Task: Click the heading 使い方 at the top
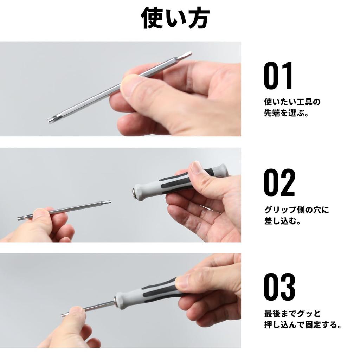click(x=175, y=18)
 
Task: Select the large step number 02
click(x=279, y=183)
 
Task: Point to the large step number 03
click(x=279, y=287)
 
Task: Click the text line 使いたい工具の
click(x=292, y=102)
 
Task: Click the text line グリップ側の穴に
click(x=297, y=210)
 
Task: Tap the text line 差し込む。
click(x=282, y=222)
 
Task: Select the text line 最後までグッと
click(x=292, y=313)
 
